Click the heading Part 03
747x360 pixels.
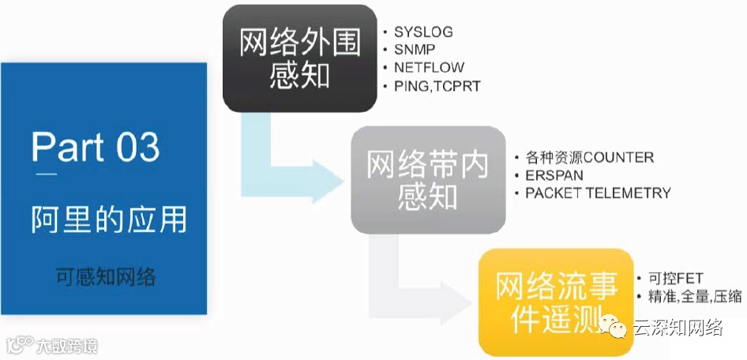point(96,147)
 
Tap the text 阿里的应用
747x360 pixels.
point(109,219)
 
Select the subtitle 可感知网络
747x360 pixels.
point(106,276)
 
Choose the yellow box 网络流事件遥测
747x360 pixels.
point(556,301)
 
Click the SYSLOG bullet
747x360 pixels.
point(423,32)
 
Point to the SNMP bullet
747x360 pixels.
point(415,50)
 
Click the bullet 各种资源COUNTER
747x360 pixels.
point(589,157)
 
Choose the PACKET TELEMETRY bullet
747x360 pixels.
point(598,193)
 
